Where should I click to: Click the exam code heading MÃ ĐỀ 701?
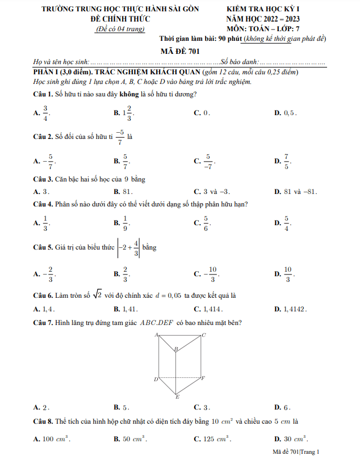(179, 50)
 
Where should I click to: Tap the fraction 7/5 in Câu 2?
(287, 162)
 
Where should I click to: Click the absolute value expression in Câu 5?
(129, 248)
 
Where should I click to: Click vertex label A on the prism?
(156, 335)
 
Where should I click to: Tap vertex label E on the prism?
(177, 397)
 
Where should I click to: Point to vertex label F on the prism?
(203, 378)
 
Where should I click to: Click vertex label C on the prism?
(203, 335)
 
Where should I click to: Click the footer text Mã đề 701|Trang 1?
(296, 452)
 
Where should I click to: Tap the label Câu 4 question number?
(43, 204)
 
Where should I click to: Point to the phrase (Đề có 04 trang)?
(120, 28)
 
